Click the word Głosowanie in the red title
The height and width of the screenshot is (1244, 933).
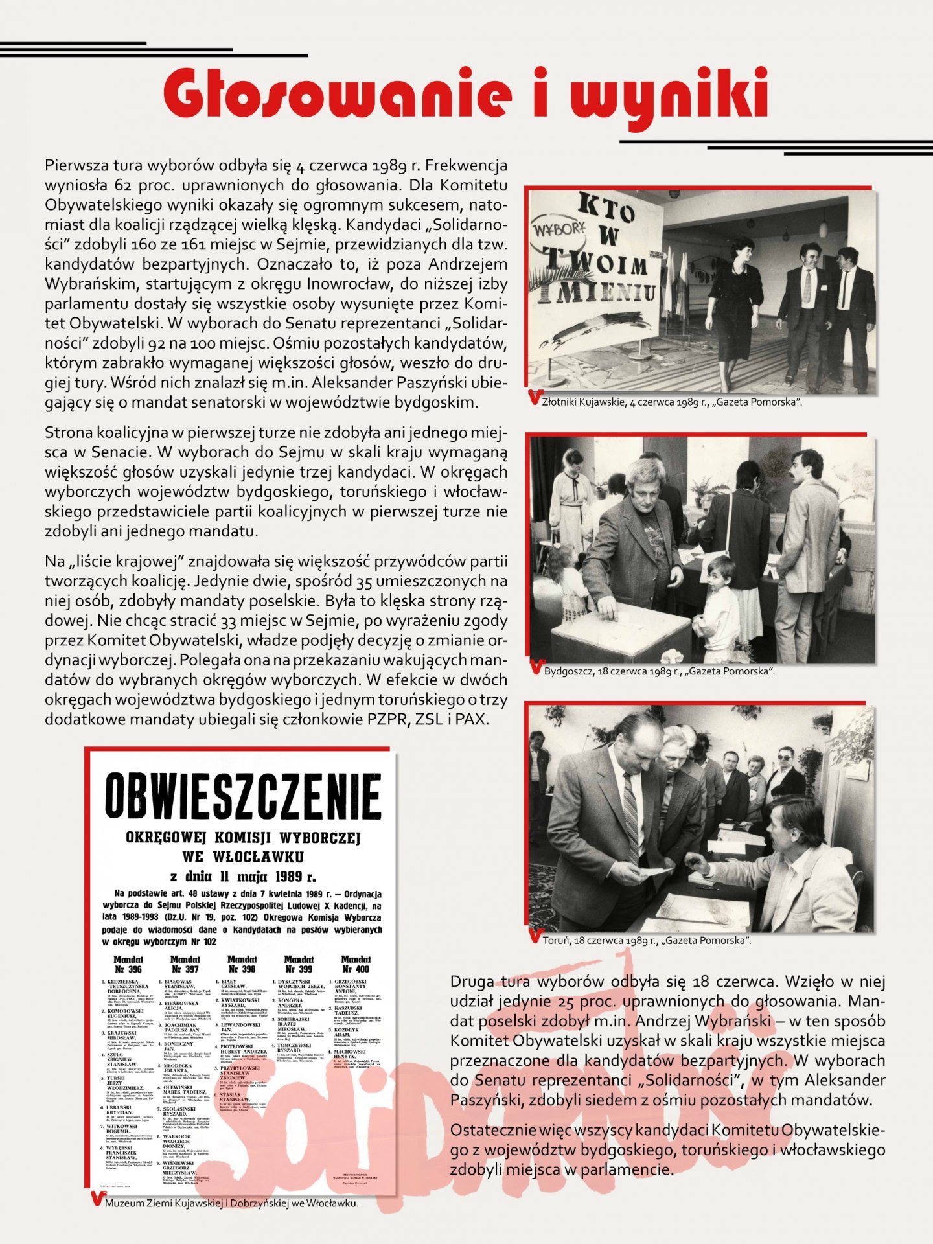coord(337,96)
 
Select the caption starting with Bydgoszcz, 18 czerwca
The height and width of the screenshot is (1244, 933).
coord(659,671)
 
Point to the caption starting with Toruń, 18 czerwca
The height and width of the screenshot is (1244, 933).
coord(646,940)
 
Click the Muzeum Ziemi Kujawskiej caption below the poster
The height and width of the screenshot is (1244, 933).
coord(231,1203)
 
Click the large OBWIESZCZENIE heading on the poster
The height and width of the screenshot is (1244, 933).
coord(242,796)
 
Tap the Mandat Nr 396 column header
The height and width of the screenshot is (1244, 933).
coord(128,964)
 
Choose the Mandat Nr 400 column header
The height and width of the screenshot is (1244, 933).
coord(356,964)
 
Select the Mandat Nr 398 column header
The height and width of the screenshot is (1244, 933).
coord(242,964)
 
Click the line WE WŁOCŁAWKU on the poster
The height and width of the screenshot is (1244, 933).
coord(243,857)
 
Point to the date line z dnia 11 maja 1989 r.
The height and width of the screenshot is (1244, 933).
coord(243,877)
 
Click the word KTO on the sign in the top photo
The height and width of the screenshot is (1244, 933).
coord(605,209)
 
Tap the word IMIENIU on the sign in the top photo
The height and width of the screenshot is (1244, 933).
coord(597,292)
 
